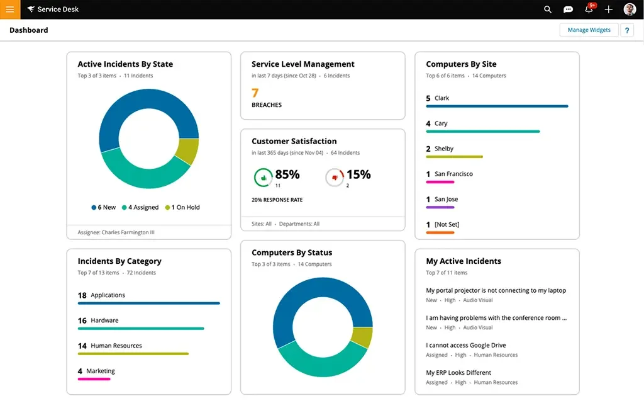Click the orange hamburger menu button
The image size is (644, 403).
(10, 9)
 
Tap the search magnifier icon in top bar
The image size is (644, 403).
(548, 9)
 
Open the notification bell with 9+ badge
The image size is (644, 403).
(589, 9)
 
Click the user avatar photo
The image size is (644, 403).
(630, 9)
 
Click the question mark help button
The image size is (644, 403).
(627, 30)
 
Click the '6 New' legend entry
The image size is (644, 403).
(104, 207)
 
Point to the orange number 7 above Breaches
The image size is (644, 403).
(255, 93)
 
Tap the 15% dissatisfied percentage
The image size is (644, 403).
(358, 174)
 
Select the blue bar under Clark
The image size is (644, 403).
(497, 106)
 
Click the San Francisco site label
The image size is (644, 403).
(453, 174)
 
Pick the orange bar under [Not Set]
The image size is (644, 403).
(440, 232)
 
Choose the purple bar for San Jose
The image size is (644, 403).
(440, 207)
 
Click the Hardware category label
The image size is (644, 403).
(104, 321)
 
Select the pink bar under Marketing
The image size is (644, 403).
(94, 379)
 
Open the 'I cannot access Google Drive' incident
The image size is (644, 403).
(465, 346)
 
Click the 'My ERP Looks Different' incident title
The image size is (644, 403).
(458, 373)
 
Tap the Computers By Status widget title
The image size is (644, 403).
(292, 253)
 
